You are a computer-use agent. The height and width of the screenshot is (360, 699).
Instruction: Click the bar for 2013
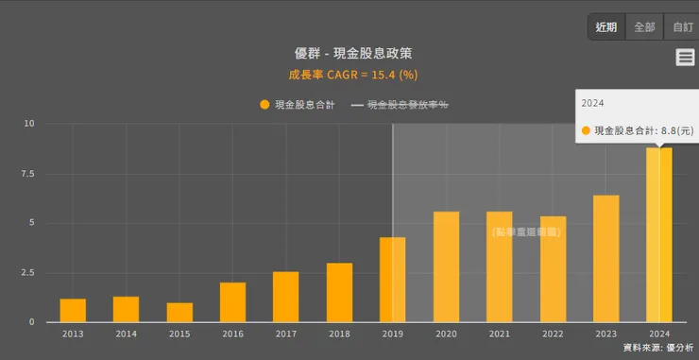point(73,311)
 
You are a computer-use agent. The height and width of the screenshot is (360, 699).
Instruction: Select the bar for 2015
point(179,313)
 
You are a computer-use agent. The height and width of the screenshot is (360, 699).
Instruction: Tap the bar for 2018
point(339,293)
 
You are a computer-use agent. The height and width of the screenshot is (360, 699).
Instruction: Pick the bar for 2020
point(446,267)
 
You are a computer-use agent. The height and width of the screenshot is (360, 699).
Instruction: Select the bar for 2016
point(232,302)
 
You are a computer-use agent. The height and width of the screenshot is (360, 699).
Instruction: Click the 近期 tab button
point(606,27)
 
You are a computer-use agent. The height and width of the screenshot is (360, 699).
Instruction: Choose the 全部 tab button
point(644,27)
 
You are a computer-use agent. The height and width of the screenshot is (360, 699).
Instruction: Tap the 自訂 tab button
point(682,27)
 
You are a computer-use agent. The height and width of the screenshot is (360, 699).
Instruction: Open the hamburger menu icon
point(686,58)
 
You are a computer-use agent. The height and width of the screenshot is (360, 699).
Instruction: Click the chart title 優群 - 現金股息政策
point(353,53)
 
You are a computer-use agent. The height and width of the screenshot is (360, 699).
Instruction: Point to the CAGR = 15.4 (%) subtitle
point(352,74)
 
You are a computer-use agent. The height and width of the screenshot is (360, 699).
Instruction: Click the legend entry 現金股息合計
point(298,105)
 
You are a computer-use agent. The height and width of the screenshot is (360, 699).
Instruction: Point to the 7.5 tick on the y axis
point(28,174)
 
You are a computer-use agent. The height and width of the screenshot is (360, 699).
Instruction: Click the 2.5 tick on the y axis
point(28,273)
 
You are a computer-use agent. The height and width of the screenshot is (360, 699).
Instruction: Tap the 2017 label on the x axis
point(285,334)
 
